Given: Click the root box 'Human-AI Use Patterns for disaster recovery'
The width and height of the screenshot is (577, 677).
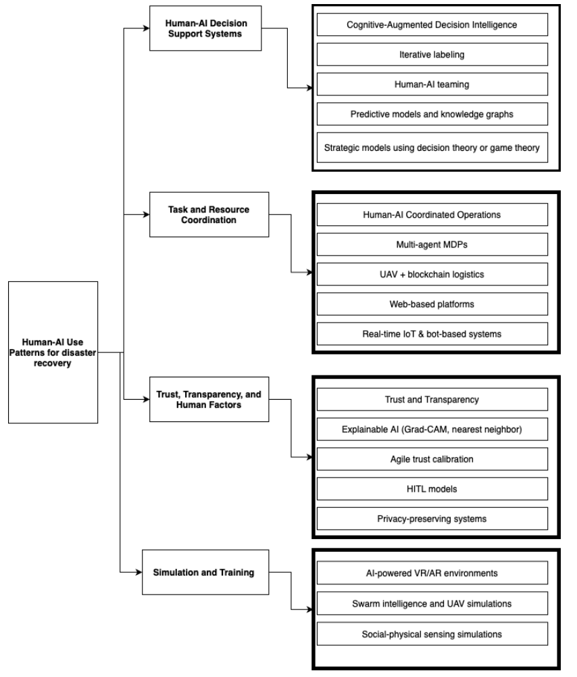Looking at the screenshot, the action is point(53,352).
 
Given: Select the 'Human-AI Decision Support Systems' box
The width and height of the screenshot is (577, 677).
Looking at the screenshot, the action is point(205,28).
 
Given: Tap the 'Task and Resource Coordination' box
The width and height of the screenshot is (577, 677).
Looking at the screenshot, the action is point(209,214).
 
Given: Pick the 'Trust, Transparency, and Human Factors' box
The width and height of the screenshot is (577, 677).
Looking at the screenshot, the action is point(209,400).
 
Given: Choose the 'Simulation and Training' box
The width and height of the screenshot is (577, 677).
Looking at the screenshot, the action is point(205,572).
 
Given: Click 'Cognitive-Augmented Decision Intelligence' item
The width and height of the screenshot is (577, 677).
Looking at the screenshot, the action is point(432,24).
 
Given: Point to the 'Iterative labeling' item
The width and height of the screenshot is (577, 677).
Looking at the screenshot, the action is point(432,54).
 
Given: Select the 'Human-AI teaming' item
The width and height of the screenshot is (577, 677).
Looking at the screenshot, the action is point(432,84).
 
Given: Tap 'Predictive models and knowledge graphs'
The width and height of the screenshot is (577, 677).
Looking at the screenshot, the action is point(432,114).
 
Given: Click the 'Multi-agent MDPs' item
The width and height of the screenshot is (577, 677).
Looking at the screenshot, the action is point(432,244).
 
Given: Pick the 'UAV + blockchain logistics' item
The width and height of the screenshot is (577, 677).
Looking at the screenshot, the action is point(432,274).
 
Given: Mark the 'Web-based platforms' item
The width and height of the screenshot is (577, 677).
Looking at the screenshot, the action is point(432,304).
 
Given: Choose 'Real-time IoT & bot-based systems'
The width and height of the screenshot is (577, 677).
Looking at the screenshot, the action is point(432,333).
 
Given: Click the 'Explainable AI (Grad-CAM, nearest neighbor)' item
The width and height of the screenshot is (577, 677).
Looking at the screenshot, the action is point(432,429).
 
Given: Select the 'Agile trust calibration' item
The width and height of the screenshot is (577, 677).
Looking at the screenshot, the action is point(432,459).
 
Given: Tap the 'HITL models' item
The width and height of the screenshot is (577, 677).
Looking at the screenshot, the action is point(432,489).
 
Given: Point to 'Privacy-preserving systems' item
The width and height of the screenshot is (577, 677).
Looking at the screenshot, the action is point(432,519).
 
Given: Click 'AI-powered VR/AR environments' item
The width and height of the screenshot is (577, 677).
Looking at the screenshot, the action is point(432,573).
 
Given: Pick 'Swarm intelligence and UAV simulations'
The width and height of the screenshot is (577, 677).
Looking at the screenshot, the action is point(432,603).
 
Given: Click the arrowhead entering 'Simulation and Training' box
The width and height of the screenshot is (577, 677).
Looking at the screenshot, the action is point(139,572).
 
